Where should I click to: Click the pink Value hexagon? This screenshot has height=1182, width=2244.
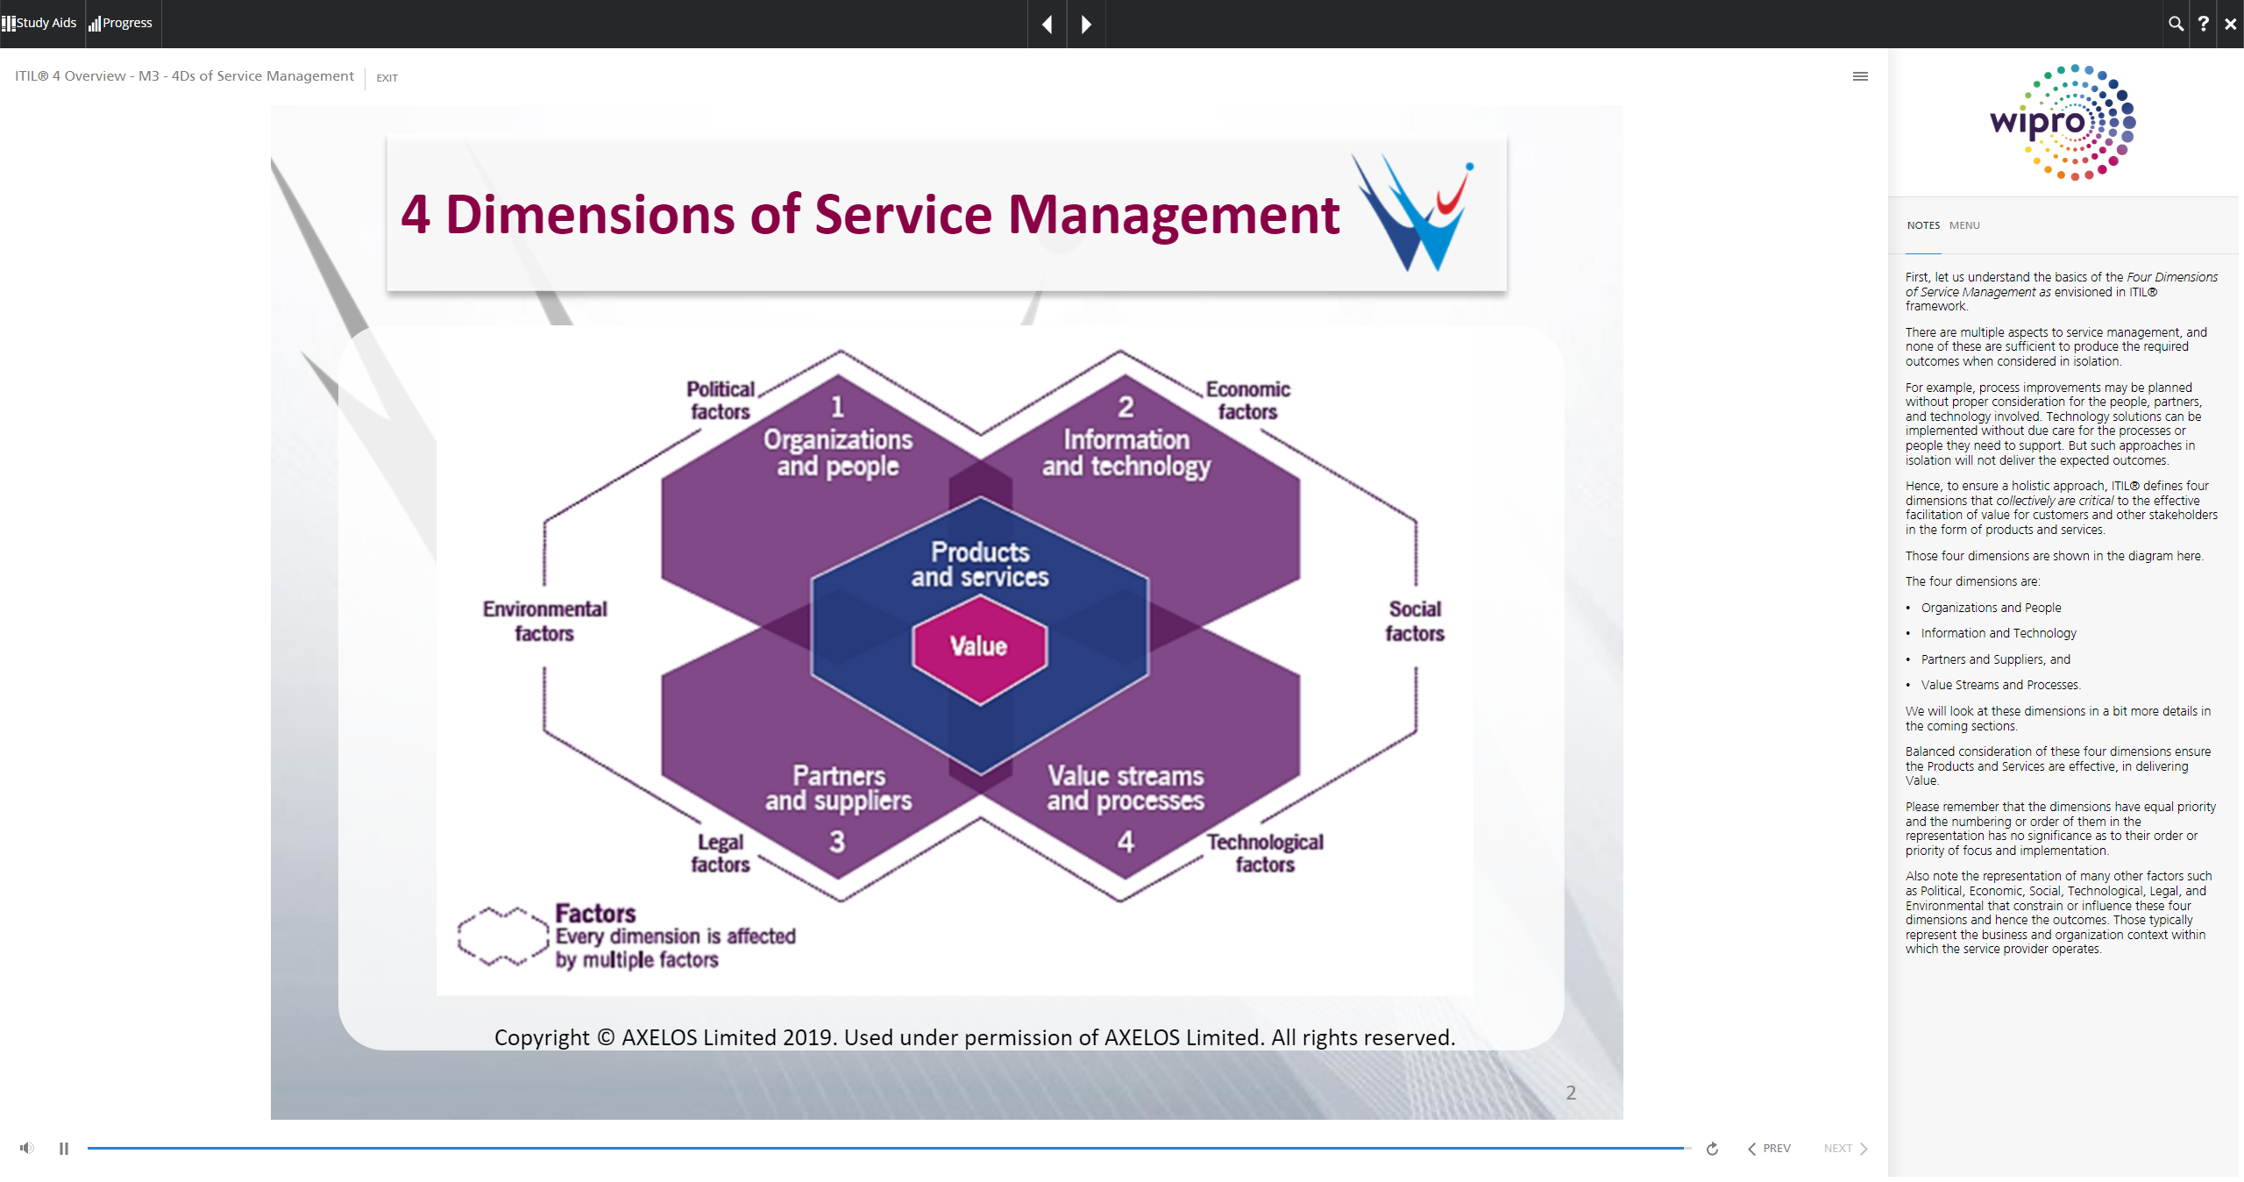(979, 647)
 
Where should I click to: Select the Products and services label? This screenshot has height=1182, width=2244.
(980, 565)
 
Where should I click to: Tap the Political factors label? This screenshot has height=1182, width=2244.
(721, 401)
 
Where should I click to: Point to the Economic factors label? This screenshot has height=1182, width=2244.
(1247, 401)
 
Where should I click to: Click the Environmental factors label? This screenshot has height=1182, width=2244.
(544, 621)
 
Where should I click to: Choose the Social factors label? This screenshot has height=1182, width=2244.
(1415, 621)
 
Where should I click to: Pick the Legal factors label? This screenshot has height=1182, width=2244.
(721, 853)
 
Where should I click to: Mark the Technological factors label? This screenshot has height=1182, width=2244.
(1265, 853)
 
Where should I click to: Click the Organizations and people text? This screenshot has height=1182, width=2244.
(837, 452)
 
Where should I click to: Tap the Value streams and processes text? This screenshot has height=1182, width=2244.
(1126, 788)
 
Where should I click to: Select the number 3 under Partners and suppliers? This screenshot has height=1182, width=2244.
(837, 843)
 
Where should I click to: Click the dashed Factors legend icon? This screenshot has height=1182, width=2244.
(502, 936)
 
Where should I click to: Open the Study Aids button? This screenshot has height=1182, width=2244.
(40, 23)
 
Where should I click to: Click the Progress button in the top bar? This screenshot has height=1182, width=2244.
(121, 23)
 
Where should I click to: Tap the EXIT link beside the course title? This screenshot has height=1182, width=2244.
(387, 78)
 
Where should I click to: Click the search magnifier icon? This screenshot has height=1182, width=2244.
(2176, 24)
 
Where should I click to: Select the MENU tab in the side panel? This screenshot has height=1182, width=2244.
(1964, 225)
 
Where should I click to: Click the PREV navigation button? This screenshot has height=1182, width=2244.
(1769, 1149)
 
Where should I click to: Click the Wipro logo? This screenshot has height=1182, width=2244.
(2062, 123)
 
